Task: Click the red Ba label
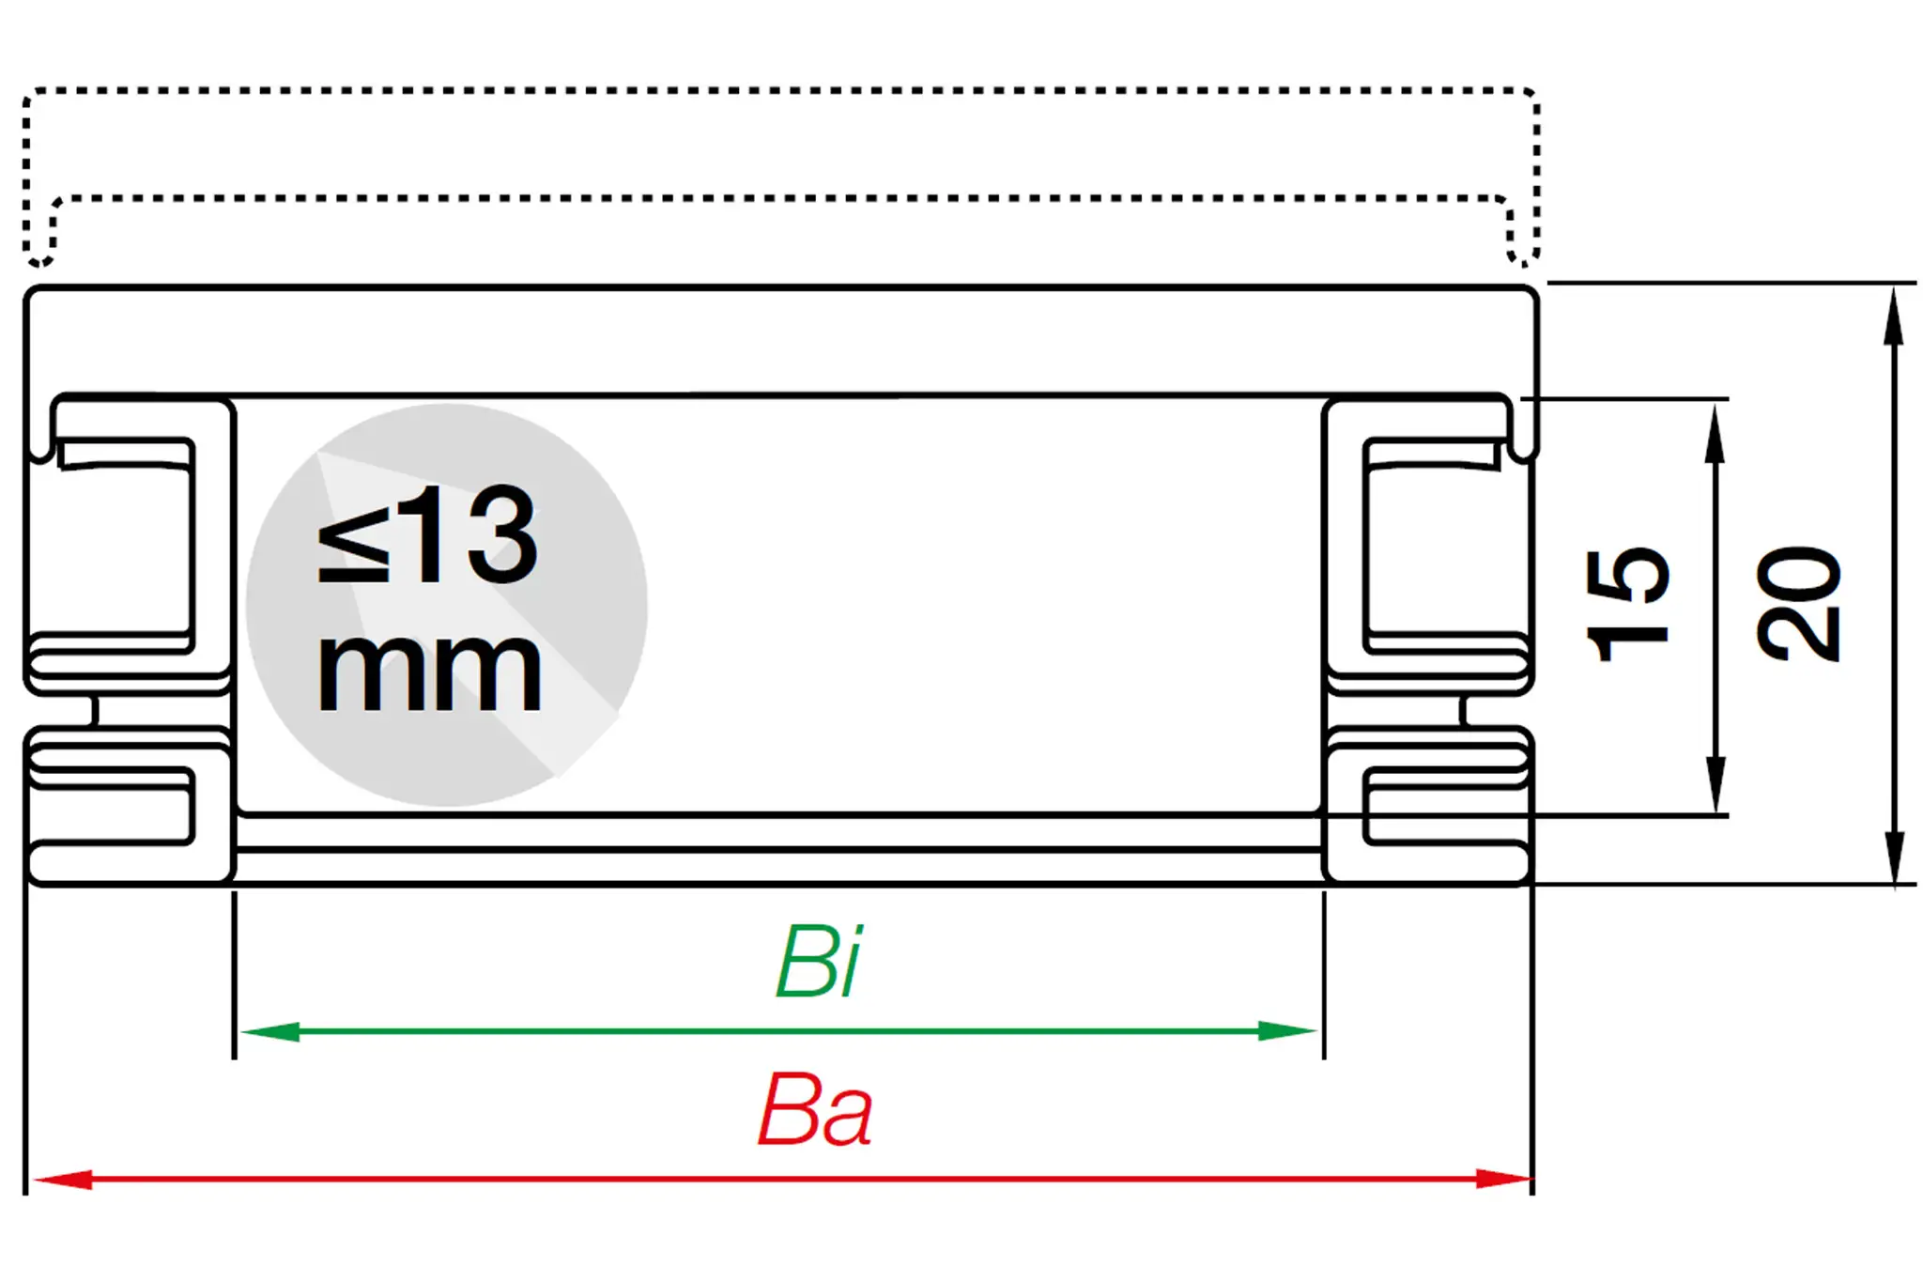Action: pos(815,1110)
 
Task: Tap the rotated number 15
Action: pos(1626,605)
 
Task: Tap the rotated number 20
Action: pos(1797,603)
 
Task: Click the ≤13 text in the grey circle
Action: pos(428,534)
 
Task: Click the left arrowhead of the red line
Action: pos(62,1179)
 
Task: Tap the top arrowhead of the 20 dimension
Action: pos(1895,315)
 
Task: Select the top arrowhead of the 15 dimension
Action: pos(1715,432)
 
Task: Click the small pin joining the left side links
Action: pos(94,711)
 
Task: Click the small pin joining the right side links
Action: pos(1463,711)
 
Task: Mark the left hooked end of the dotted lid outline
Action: pos(39,250)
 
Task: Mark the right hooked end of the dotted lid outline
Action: pos(1523,250)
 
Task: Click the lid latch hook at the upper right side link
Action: pos(1526,446)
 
